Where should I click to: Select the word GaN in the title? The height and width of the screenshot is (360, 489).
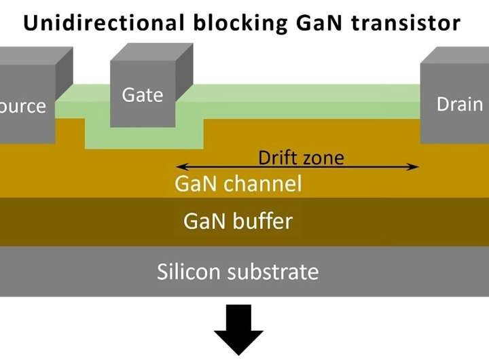coord(313,23)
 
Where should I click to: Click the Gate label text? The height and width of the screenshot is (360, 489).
coord(142,95)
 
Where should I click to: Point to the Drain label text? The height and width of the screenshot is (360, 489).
coord(460,105)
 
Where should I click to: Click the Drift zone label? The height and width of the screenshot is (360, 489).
coord(301,158)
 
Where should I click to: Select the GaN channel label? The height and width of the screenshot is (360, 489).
coord(238,183)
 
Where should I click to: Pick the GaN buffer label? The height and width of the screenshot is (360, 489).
coord(238,221)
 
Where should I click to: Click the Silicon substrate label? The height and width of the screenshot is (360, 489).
coord(238,272)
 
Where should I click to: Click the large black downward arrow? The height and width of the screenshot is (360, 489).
coord(238,329)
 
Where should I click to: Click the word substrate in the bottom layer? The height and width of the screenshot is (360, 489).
coord(278,272)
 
